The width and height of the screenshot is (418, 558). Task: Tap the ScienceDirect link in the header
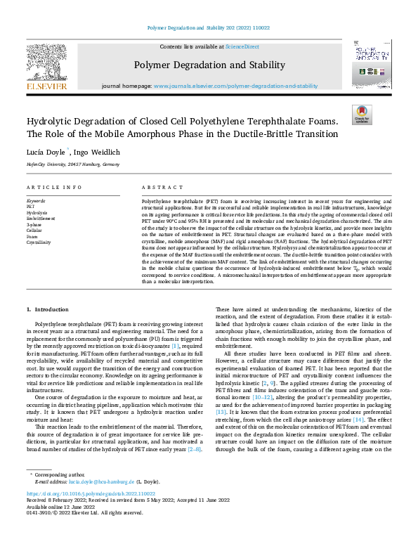242,46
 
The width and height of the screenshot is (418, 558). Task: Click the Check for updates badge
361,115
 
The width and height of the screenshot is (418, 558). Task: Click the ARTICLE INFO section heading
54,188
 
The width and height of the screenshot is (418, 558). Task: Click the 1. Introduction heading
48,309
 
